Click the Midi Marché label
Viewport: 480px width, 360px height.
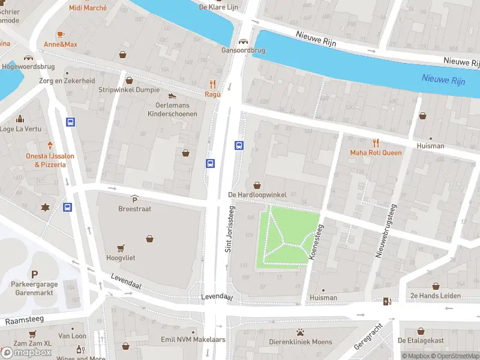pyautogui.click(x=88, y=8)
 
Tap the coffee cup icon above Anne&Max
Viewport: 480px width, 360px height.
pyautogui.click(x=60, y=34)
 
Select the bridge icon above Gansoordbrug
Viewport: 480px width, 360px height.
pyautogui.click(x=243, y=41)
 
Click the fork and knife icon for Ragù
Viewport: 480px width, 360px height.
pyautogui.click(x=212, y=84)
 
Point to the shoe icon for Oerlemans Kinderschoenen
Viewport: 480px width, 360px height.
pyautogui.click(x=172, y=95)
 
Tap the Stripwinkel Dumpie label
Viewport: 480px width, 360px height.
pyautogui.click(x=129, y=90)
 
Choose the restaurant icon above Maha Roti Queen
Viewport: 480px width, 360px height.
pyautogui.click(x=376, y=142)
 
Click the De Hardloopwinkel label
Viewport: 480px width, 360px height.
pyautogui.click(x=257, y=195)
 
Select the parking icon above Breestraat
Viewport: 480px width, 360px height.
pyautogui.click(x=134, y=199)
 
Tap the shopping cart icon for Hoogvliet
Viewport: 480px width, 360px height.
pyautogui.click(x=121, y=247)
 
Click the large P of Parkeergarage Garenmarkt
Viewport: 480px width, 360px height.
pyautogui.click(x=34, y=274)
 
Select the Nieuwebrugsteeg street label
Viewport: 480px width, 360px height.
pyautogui.click(x=386, y=231)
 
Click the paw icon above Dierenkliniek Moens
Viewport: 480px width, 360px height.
pyautogui.click(x=300, y=332)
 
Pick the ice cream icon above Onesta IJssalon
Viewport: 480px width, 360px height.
pyautogui.click(x=50, y=145)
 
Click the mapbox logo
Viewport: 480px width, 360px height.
pyautogui.click(x=27, y=352)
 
